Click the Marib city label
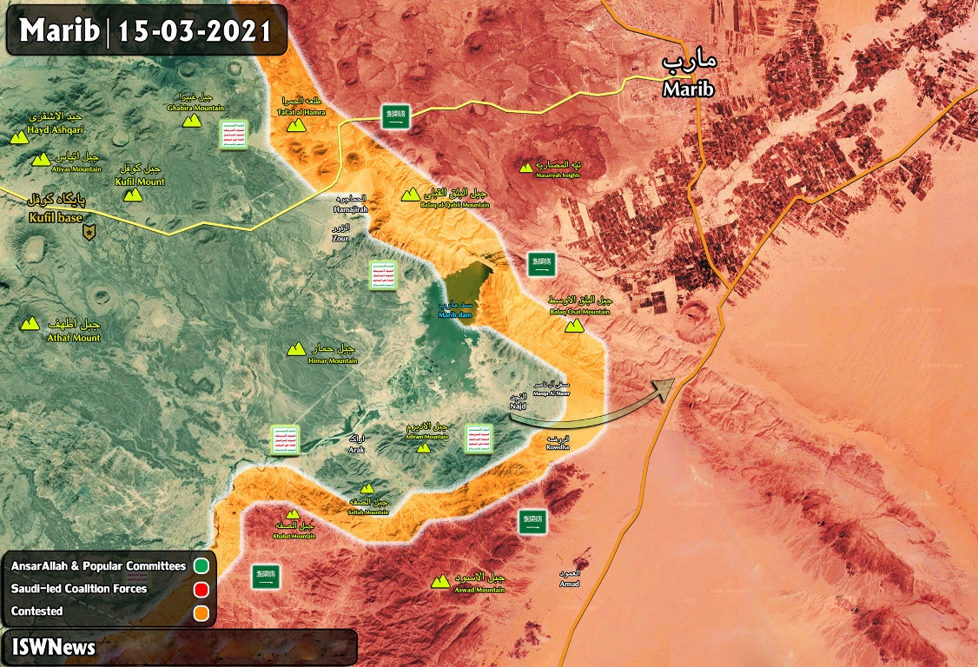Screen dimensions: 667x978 [x=687, y=89]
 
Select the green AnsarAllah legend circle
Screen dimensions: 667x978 [x=202, y=566]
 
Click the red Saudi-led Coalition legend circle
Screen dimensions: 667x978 [x=202, y=589]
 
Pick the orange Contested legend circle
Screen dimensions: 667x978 [x=202, y=611]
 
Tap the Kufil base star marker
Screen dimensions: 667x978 [x=89, y=232]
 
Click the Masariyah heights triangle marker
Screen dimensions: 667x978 [x=525, y=167]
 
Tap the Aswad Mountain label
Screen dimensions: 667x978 [x=479, y=590]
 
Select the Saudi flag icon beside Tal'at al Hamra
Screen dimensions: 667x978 [x=397, y=117]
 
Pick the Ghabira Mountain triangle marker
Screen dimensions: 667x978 [x=188, y=122]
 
